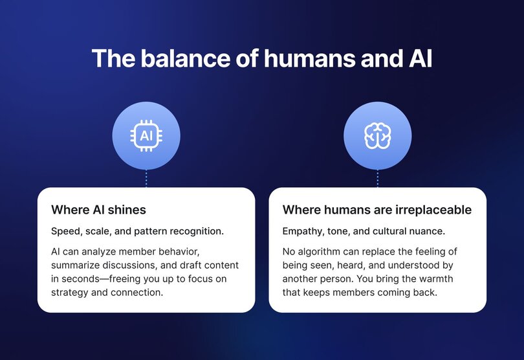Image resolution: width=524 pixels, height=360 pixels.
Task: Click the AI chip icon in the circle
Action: [x=146, y=136]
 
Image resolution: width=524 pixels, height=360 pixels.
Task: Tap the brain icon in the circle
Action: [x=377, y=136]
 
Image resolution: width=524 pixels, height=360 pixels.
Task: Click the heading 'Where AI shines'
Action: [x=98, y=210]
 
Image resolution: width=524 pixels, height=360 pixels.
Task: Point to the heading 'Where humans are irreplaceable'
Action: [x=377, y=210]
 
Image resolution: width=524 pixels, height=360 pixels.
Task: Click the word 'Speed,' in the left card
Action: [x=65, y=231]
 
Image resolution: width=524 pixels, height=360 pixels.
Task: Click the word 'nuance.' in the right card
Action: [x=426, y=231]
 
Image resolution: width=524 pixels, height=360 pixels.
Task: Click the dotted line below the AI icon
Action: [x=146, y=179]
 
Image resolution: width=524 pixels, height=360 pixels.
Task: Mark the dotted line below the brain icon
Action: [x=378, y=179]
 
